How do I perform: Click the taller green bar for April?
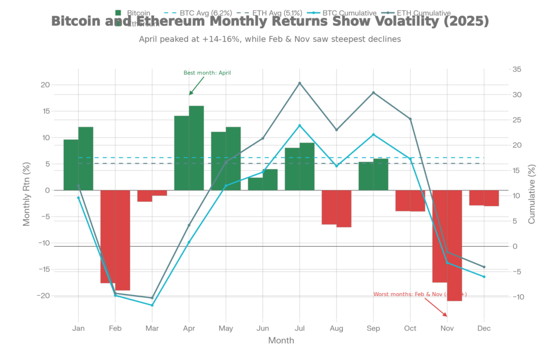[197, 148]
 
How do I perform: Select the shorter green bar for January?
[71, 164]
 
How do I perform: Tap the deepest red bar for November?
[455, 246]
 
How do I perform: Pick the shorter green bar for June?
[255, 183]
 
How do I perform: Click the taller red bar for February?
[123, 240]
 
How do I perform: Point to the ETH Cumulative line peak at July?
[300, 83]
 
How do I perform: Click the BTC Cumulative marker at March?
[152, 305]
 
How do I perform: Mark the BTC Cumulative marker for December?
[484, 277]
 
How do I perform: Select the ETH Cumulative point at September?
[373, 92]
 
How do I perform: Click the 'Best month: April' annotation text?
[207, 73]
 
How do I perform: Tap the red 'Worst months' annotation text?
[420, 294]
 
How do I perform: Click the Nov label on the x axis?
[447, 328]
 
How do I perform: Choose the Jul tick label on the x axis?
[300, 328]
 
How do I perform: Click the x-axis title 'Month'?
[281, 340]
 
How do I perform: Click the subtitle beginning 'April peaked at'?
[269, 39]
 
